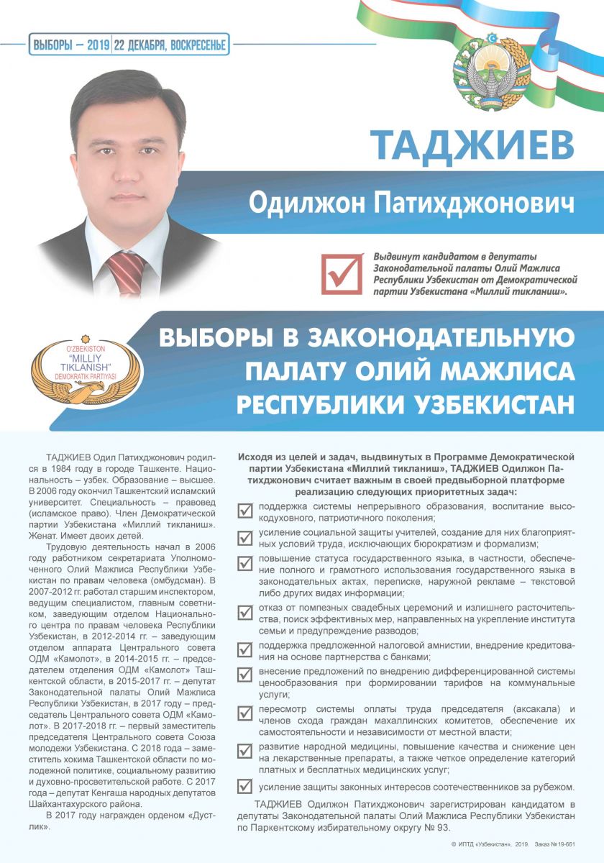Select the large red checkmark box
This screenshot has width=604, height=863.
click(x=342, y=273)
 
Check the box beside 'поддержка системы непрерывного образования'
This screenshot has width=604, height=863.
click(x=245, y=511)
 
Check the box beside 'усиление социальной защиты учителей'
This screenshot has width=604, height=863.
click(x=245, y=537)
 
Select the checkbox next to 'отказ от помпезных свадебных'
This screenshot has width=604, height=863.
click(x=245, y=612)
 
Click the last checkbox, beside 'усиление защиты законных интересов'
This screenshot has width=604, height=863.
click(x=245, y=787)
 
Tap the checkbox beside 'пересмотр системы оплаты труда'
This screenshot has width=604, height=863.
click(x=245, y=713)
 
